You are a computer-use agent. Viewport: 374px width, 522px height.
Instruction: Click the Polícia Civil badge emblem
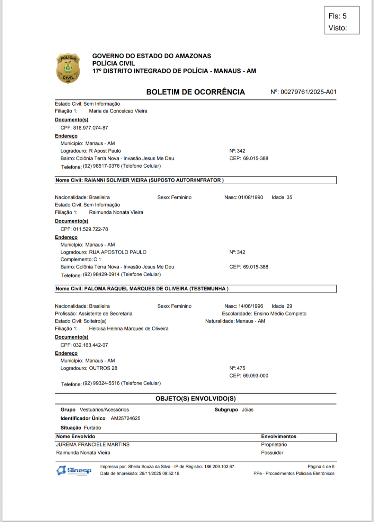point(68,68)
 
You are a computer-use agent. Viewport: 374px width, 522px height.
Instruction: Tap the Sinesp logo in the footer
point(74,470)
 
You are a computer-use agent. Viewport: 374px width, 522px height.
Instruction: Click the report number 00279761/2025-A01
point(309,92)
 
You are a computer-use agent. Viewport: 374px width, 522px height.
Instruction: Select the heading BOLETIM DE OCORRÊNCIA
point(195,92)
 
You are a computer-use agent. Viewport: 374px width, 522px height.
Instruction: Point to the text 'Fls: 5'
point(337,16)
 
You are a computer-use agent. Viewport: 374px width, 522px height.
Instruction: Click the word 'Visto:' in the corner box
point(338,28)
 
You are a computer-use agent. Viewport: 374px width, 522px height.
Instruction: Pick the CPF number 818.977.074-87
point(90,128)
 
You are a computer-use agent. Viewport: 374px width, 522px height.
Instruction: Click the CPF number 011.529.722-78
point(90,229)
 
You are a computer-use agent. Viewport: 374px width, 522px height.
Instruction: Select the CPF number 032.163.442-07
point(90,345)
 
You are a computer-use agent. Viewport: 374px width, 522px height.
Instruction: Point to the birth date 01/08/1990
point(250,197)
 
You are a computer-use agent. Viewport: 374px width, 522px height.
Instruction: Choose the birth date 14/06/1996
point(250,306)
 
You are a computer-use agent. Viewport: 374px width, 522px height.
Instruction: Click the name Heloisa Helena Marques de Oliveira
point(129,329)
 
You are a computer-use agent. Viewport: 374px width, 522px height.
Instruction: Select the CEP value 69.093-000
point(256,376)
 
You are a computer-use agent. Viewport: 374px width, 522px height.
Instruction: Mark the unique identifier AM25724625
point(126,418)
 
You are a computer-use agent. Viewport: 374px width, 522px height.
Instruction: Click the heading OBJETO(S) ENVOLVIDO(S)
point(195,399)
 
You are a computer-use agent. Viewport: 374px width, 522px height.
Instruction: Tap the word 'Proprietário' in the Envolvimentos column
point(274,445)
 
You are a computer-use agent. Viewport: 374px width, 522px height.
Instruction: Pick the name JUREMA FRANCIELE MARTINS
point(93,445)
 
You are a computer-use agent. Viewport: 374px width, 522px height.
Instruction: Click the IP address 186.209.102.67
point(219,467)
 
